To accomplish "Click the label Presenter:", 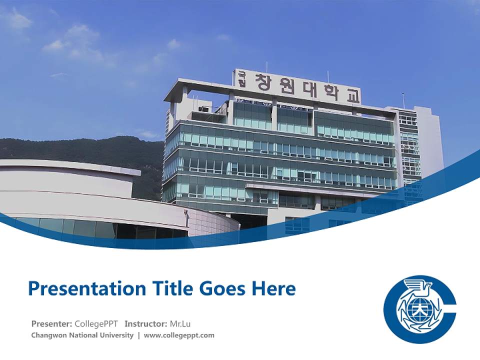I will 51,323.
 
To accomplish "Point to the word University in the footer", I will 116,335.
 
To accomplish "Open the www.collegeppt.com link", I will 179,335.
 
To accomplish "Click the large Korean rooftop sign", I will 298,86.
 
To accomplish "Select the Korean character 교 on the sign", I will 352,95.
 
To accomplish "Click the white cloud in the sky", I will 75,40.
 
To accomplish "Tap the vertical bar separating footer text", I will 139,335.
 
